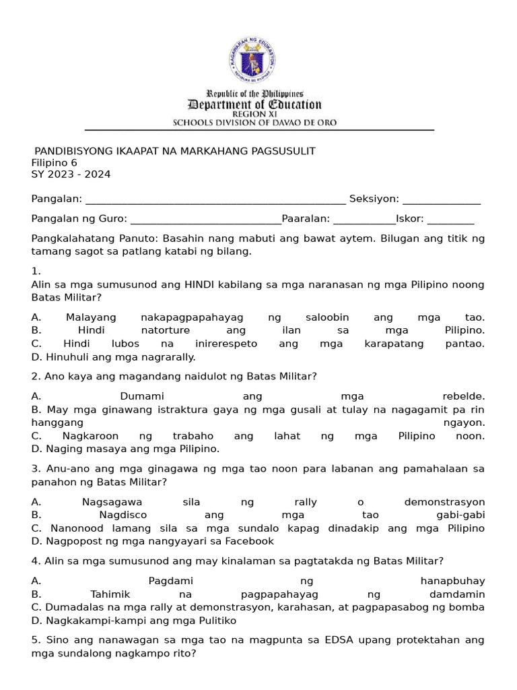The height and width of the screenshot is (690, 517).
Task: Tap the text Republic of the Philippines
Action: click(x=254, y=94)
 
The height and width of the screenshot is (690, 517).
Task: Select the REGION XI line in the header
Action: click(x=254, y=115)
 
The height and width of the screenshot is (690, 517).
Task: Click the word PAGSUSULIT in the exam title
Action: click(x=281, y=151)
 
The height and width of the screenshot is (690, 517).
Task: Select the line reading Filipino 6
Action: click(x=55, y=162)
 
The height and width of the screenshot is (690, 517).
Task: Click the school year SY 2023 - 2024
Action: click(x=71, y=175)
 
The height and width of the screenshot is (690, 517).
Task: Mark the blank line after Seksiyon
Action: click(x=442, y=199)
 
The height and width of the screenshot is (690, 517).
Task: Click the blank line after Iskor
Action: click(x=450, y=219)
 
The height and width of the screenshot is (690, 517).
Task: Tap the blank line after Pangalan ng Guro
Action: click(x=205, y=219)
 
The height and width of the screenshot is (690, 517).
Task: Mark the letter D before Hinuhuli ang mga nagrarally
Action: click(x=36, y=357)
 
